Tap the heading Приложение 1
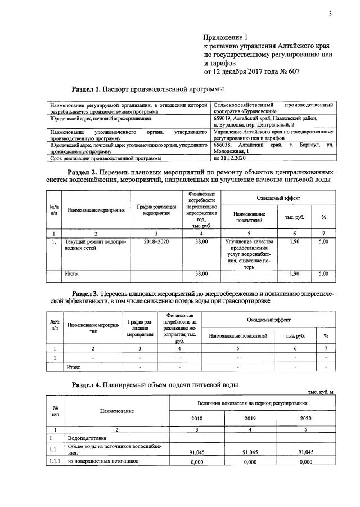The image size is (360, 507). tap(227, 37)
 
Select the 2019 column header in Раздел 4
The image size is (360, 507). tap(250, 419)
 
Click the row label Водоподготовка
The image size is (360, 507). tap(87, 437)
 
